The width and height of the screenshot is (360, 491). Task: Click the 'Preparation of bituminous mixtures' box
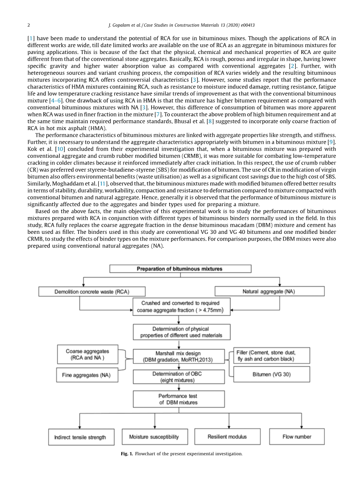coord(180,269)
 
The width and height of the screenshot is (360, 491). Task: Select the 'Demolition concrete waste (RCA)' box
coord(91,292)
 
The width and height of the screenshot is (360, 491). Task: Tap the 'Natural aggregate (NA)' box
coord(269,292)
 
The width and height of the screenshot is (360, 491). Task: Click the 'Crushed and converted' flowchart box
coord(181,307)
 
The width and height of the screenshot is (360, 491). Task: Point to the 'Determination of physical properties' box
coord(181,332)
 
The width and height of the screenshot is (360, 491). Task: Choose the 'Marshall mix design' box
coord(178,356)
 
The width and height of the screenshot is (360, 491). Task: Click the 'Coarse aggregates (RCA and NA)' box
coord(87,355)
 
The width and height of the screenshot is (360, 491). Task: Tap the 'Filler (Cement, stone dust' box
coord(271,355)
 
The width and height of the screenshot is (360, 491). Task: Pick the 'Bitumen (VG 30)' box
coord(271,375)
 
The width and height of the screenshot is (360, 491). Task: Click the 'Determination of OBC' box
coord(178,377)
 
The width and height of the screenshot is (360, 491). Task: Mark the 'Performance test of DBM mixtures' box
coord(179,399)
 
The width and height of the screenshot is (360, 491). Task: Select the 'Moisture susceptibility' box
coord(154,437)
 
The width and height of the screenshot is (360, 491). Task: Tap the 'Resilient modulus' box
coord(227,437)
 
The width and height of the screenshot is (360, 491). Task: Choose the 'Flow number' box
coord(297,437)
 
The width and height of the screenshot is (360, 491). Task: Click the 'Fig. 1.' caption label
coord(127,454)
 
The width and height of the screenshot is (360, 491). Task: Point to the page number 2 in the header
coord(29,25)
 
